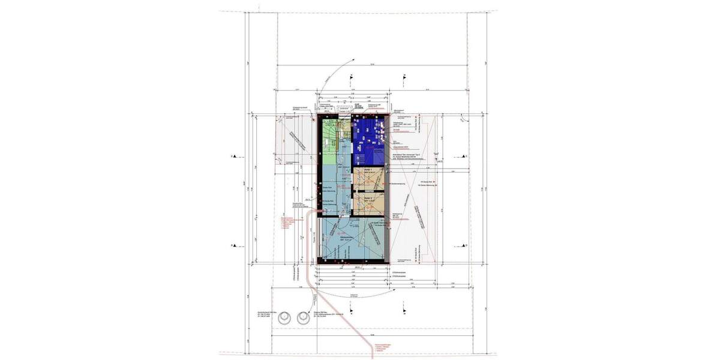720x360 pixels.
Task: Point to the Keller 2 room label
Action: click(370, 197)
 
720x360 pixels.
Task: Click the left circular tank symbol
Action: click(286, 319)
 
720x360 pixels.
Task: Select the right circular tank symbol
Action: click(301, 319)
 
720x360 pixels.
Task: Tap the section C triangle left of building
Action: click(235, 157)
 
